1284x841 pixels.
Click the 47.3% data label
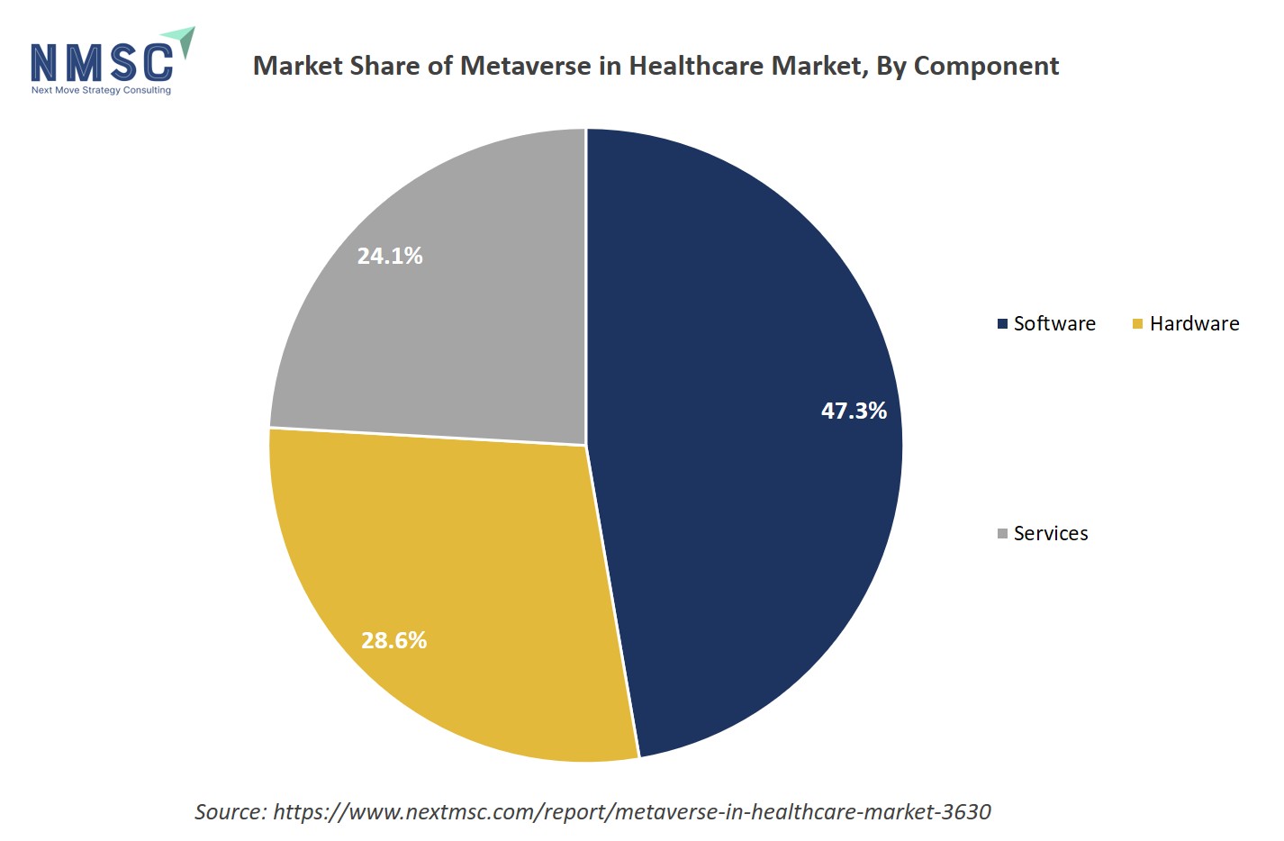[x=854, y=411]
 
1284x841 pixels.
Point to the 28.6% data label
[x=393, y=640]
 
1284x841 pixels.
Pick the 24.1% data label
[x=390, y=256]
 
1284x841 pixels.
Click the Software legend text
[x=1054, y=323]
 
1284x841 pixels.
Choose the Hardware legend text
[x=1194, y=323]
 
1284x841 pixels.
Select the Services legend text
[x=1051, y=533]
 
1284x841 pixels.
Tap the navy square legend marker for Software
[x=1002, y=324]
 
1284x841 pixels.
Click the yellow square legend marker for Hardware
[x=1137, y=324]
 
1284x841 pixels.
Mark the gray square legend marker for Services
[x=1002, y=534]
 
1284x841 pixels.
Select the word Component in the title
[x=986, y=66]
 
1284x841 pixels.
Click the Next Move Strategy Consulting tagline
[x=101, y=90]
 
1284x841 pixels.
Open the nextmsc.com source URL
[x=631, y=811]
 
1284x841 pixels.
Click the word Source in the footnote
[x=229, y=811]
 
